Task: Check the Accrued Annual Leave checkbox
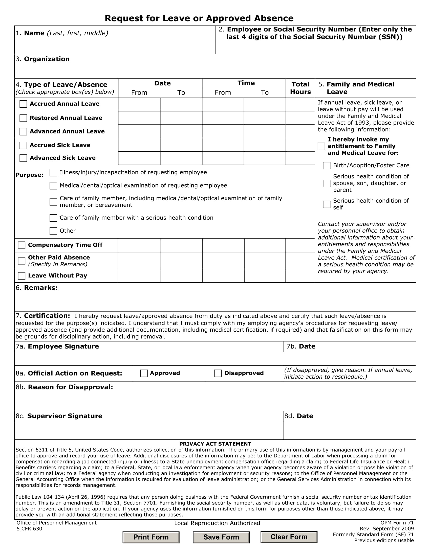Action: coord(23,104)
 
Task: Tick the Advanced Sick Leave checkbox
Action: coord(23,158)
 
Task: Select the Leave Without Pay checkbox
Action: coord(22,276)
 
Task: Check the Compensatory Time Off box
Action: coord(22,245)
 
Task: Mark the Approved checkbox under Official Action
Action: coord(144,373)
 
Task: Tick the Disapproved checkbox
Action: coord(218,373)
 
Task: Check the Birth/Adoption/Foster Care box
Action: coord(327,166)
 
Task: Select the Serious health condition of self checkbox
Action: coord(327,204)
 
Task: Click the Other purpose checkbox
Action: coord(53,231)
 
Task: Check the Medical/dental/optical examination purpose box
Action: coord(53,186)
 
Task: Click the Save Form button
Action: coord(221,537)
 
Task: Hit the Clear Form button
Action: coord(289,537)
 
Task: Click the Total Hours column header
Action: coord(300,88)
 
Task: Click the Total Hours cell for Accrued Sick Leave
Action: coord(300,145)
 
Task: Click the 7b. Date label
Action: coord(301,346)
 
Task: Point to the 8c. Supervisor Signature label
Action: coord(59,416)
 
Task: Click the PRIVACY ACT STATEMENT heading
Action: coord(215,444)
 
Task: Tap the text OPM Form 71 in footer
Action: coord(397,523)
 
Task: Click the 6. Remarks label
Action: coord(37,288)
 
